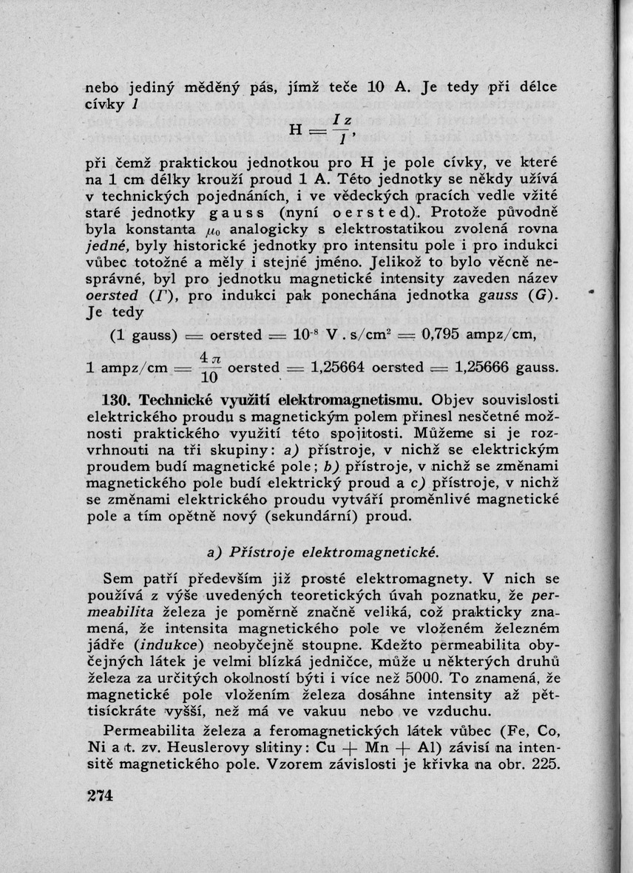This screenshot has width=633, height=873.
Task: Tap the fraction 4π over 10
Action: pyautogui.click(x=209, y=367)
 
